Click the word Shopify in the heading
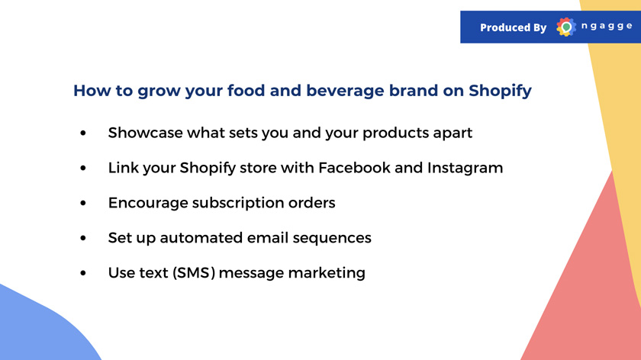coord(500,91)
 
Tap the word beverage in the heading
coord(345,91)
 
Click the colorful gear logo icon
coord(566,27)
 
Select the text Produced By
coord(513,27)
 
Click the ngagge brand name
coord(607,26)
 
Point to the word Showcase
coord(145,133)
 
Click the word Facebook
coord(354,168)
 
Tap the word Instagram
coord(465,169)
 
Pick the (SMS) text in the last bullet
coord(194,273)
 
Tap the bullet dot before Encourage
coord(83,203)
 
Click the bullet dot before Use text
coord(83,273)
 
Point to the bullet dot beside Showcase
coord(83,133)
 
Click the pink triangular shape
coord(588,286)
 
